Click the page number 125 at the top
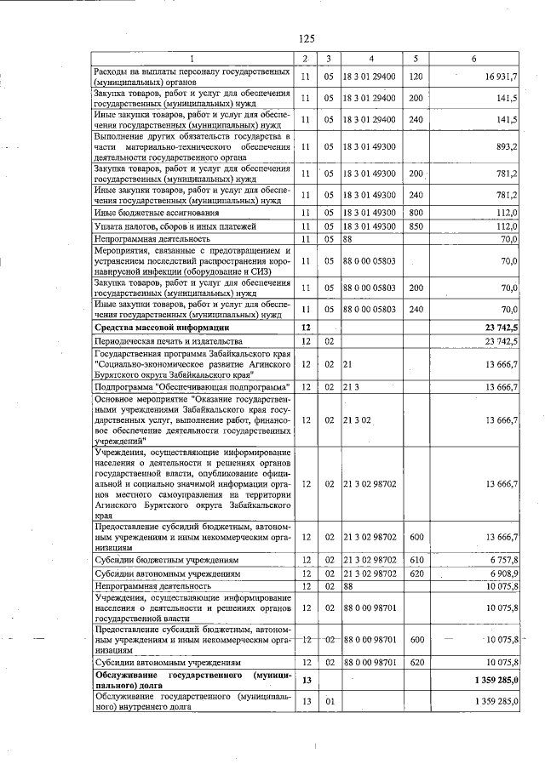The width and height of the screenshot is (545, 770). (x=307, y=37)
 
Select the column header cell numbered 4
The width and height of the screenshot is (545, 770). (x=371, y=59)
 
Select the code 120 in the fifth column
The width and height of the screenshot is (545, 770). (x=416, y=77)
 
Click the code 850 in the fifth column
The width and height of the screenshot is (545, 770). (x=416, y=226)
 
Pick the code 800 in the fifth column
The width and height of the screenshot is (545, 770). (x=416, y=213)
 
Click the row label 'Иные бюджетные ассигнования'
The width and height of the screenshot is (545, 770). (x=151, y=213)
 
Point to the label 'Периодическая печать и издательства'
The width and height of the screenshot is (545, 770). (x=163, y=341)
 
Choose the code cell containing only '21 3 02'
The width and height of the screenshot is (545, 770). (x=359, y=419)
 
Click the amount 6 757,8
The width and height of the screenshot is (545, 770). (x=502, y=561)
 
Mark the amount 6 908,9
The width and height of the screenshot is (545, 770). (x=502, y=574)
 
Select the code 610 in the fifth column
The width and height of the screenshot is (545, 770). (x=416, y=561)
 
